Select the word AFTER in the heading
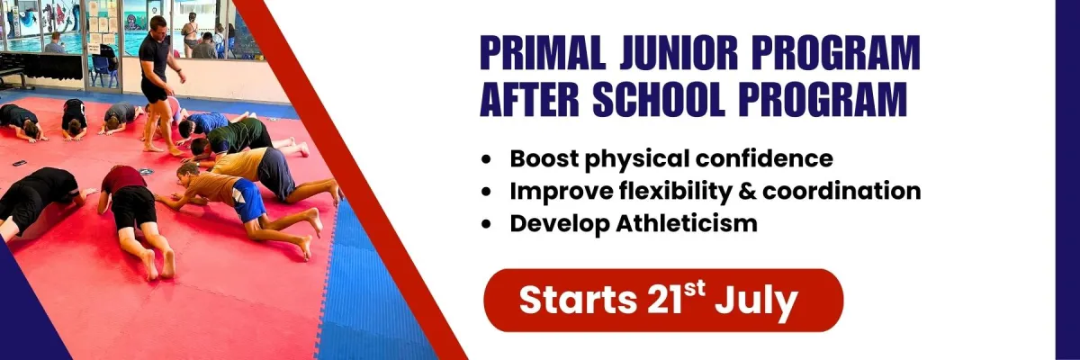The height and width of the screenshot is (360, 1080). point(529,99)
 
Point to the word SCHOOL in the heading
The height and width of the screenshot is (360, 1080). point(659,99)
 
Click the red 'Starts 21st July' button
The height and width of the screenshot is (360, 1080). point(663,300)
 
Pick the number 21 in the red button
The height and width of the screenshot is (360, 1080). point(665,300)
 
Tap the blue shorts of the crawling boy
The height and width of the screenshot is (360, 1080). point(247,198)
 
